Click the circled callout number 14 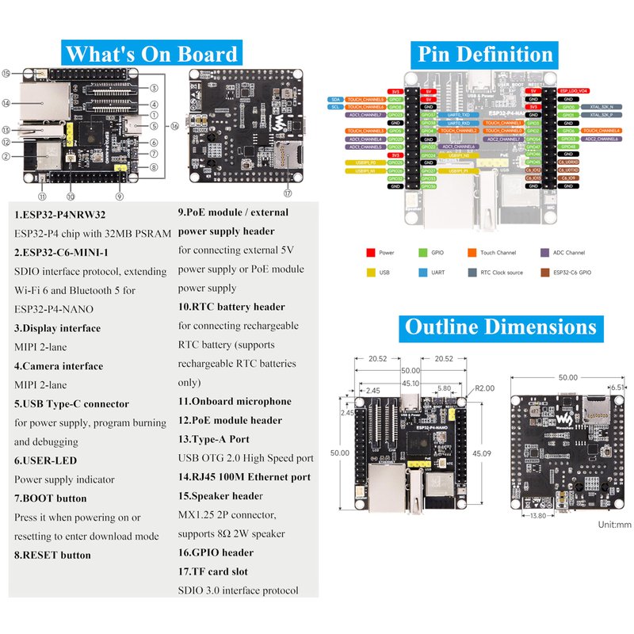click(6, 102)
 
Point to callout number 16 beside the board click(175, 125)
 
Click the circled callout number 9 click(119, 195)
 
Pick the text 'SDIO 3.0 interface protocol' click(239, 590)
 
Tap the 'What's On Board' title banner click(151, 54)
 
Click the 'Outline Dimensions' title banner click(500, 327)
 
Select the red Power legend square click(370, 252)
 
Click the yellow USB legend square click(370, 273)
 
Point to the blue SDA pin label click(336, 99)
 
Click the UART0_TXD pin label click(459, 114)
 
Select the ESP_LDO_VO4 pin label click(573, 91)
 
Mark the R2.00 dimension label click(484, 388)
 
